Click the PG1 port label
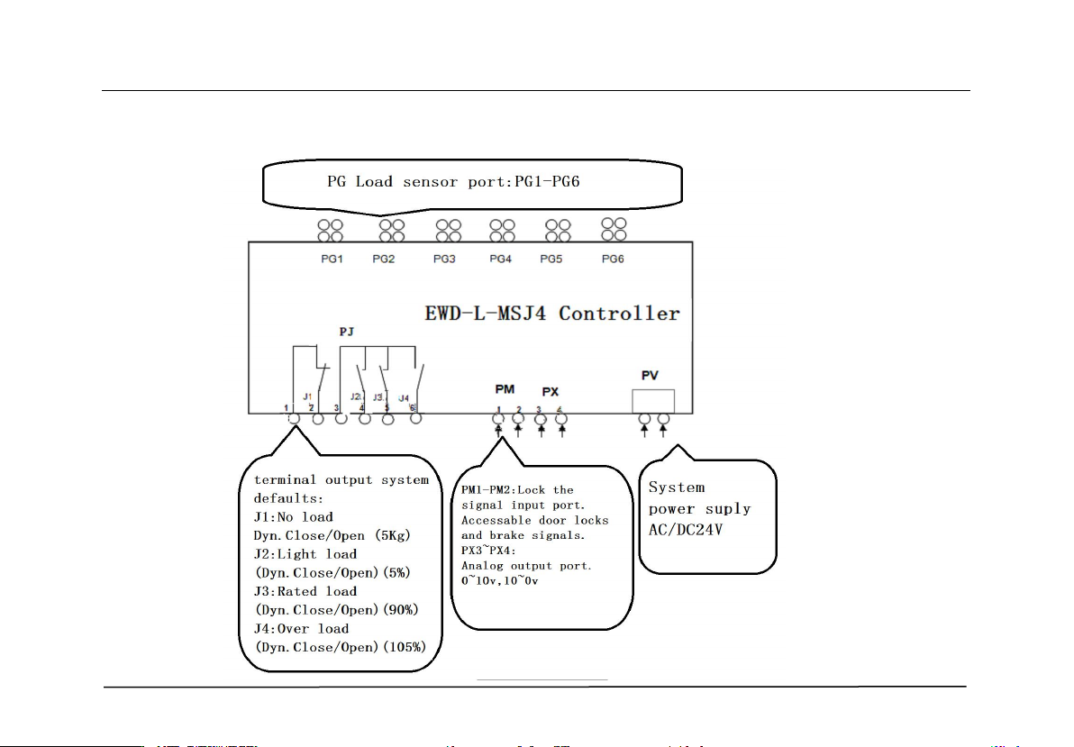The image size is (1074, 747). (x=332, y=260)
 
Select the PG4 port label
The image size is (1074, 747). (x=501, y=260)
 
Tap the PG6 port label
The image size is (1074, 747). (x=613, y=260)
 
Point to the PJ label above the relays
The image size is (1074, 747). (x=347, y=332)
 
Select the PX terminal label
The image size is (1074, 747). (x=551, y=393)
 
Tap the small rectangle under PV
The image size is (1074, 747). (x=654, y=400)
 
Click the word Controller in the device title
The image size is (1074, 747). (x=620, y=314)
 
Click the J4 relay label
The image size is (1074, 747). (x=404, y=397)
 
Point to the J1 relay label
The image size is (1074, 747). (x=307, y=396)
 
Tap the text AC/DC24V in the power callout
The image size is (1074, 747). (x=687, y=530)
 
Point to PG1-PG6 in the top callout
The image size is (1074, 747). (x=545, y=181)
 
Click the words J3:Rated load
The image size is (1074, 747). (x=305, y=591)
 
